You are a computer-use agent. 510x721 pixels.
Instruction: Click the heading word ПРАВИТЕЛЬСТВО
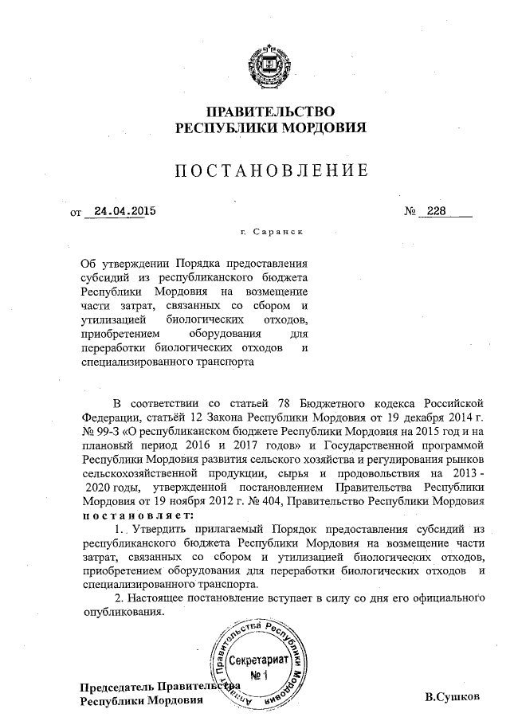270,112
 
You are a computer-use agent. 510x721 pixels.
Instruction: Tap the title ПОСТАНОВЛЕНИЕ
271,170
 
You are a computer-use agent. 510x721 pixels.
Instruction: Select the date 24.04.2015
124,212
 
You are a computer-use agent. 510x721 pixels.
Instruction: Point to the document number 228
437,212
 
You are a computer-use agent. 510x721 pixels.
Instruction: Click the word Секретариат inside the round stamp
257,662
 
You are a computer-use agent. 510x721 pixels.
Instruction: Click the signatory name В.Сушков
453,697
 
